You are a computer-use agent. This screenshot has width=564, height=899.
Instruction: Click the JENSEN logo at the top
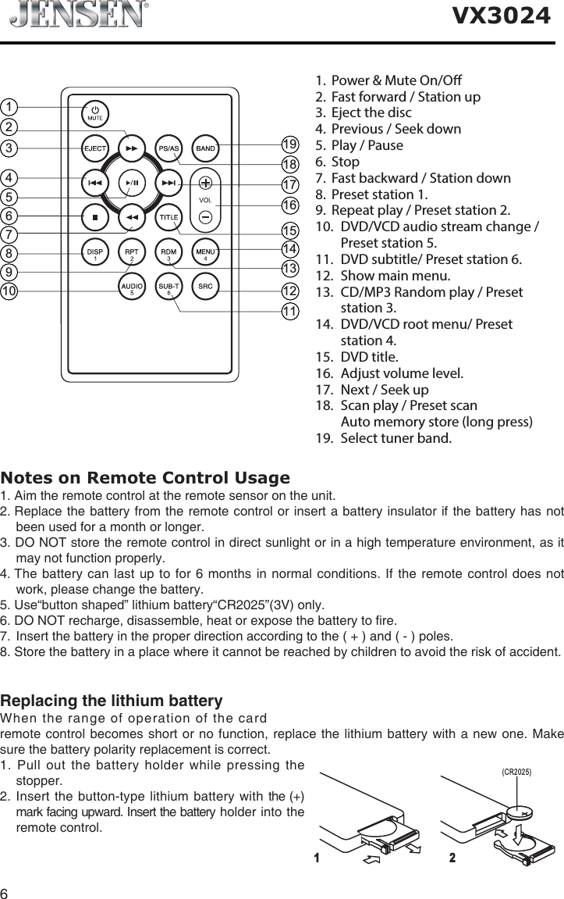(x=79, y=15)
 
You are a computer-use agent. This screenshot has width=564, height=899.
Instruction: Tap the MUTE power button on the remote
(x=94, y=112)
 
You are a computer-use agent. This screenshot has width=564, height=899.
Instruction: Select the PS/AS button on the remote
(x=169, y=147)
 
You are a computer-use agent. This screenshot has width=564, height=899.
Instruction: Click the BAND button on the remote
(x=205, y=147)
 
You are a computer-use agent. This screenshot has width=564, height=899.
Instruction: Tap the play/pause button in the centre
(x=131, y=182)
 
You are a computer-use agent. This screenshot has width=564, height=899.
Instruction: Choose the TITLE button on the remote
(x=169, y=216)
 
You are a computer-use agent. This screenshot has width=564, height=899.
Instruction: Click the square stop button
(x=94, y=216)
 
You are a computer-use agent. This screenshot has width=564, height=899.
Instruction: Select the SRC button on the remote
(x=205, y=287)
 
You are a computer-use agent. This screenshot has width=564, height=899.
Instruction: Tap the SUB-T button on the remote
(x=169, y=287)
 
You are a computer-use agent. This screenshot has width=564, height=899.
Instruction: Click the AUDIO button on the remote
(x=131, y=287)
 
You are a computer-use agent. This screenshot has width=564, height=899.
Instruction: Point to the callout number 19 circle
(x=291, y=144)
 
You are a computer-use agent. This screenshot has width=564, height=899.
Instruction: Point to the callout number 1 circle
(x=9, y=105)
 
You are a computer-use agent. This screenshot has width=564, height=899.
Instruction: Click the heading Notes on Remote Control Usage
(x=145, y=477)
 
